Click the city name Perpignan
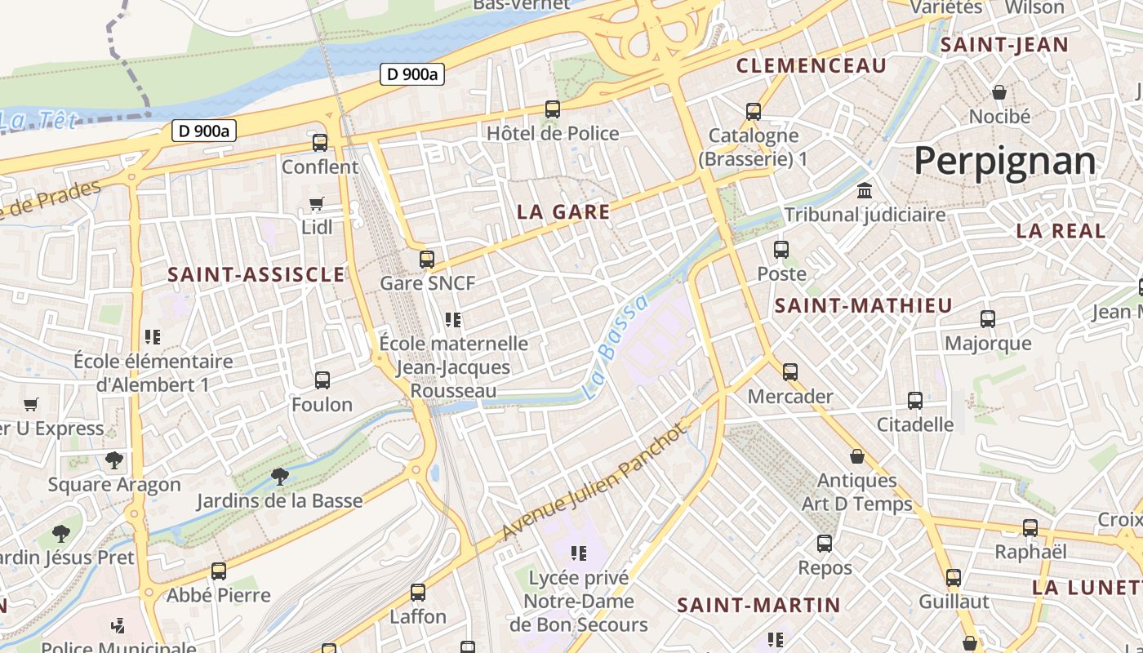(x=1004, y=161)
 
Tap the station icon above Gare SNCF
(x=427, y=260)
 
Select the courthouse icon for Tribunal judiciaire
(x=864, y=191)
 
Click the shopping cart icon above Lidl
(x=317, y=203)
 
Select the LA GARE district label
(x=563, y=212)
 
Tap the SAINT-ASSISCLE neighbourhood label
(x=256, y=275)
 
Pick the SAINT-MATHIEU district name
(x=863, y=306)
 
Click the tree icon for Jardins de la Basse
(x=279, y=475)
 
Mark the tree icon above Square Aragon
(x=114, y=460)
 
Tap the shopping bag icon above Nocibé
(x=998, y=92)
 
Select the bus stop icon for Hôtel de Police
(x=553, y=109)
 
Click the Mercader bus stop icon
(x=790, y=372)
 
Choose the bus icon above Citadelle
(x=915, y=401)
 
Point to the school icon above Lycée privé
(x=579, y=553)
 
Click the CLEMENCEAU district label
(x=811, y=66)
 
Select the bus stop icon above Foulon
(x=322, y=380)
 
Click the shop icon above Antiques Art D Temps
(x=857, y=456)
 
